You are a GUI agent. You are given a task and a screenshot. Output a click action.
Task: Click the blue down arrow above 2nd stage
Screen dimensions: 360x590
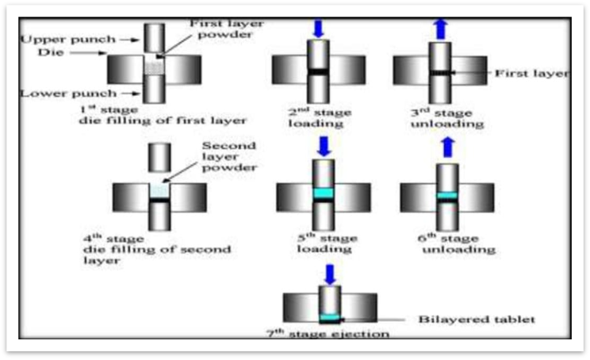pyautogui.click(x=318, y=26)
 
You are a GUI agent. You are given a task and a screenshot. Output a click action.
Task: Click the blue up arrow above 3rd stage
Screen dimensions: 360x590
pyautogui.click(x=440, y=25)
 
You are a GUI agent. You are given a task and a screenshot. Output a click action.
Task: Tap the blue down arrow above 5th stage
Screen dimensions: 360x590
pyautogui.click(x=323, y=146)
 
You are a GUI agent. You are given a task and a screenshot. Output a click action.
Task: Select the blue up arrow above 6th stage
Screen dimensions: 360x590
pyautogui.click(x=446, y=146)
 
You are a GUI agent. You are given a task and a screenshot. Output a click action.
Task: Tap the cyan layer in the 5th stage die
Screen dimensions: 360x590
pyautogui.click(x=323, y=193)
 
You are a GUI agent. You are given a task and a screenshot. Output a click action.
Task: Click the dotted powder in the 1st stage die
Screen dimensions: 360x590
pyautogui.click(x=154, y=68)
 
